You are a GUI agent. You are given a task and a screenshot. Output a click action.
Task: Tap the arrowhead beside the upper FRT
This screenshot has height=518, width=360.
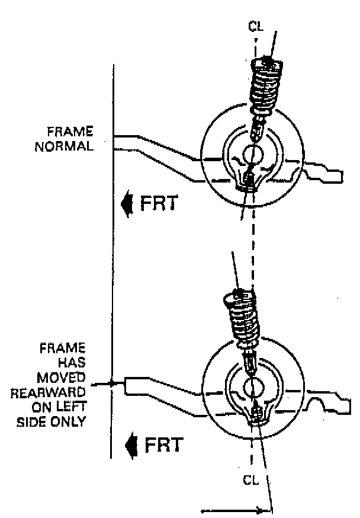126,204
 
